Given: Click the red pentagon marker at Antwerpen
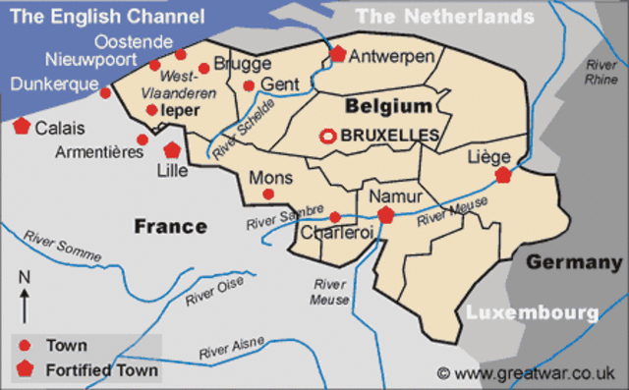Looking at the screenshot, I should (338, 54).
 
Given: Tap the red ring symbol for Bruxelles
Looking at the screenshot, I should (327, 136).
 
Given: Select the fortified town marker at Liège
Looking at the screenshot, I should (504, 175).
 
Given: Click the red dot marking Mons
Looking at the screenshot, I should (269, 195).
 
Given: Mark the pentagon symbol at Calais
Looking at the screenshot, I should (22, 126).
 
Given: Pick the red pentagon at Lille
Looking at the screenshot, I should (172, 150).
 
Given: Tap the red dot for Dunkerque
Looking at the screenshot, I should (106, 92).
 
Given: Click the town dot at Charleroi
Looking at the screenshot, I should (335, 216).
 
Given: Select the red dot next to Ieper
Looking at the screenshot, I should (151, 110).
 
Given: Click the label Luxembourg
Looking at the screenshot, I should (532, 313).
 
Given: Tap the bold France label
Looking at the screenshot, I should (170, 227).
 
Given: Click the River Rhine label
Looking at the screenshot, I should (599, 72).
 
